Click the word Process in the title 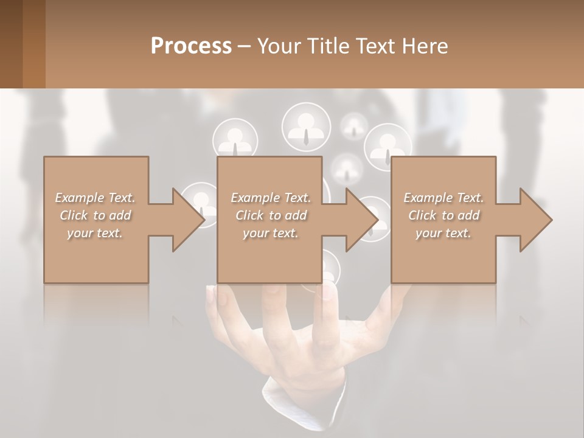click(191, 46)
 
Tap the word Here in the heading click(425, 46)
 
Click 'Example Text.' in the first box click(95, 198)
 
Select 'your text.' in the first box click(95, 233)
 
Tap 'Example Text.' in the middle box click(271, 198)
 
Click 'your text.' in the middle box click(271, 233)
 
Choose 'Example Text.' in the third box click(443, 198)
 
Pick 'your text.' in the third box click(443, 233)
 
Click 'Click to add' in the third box click(443, 215)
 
